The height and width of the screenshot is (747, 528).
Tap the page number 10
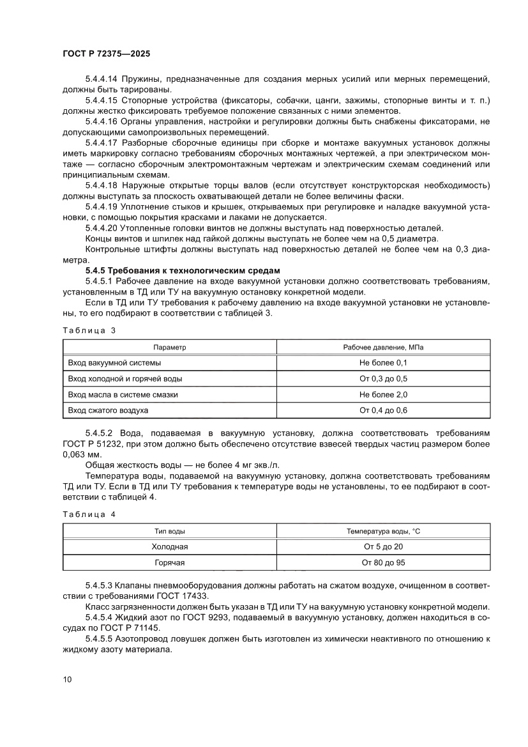tap(67, 679)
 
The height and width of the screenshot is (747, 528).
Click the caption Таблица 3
tap(89, 330)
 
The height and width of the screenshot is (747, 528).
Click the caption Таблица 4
tap(89, 514)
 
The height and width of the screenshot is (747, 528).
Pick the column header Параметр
tap(169, 347)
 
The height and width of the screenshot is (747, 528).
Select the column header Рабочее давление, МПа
tap(383, 347)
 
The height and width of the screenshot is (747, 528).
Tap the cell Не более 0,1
tap(383, 362)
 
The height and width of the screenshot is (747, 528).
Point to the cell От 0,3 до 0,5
tap(383, 378)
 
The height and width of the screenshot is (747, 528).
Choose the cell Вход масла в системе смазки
tap(123, 394)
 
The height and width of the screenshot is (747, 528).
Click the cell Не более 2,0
tap(383, 394)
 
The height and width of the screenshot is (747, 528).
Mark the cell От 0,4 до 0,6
tap(383, 410)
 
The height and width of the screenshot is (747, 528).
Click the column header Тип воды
tap(169, 531)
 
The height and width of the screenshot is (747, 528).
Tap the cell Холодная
tap(169, 546)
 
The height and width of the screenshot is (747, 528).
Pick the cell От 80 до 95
tap(383, 562)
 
